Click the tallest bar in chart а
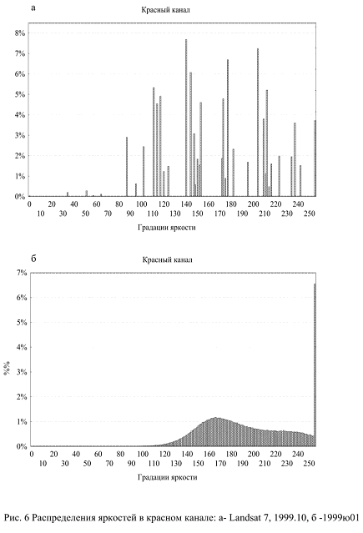[x=186, y=118]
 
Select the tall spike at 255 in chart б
[x=315, y=365]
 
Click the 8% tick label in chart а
[x=20, y=33]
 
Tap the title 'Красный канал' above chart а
[x=166, y=10]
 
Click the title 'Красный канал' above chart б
[x=168, y=259]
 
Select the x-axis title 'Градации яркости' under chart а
[x=167, y=228]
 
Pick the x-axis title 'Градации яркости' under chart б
[x=168, y=477]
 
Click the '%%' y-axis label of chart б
[x=7, y=368]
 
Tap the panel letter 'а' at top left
[x=33, y=8]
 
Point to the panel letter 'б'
[x=33, y=259]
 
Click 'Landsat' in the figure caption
[x=244, y=518]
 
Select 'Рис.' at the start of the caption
[x=13, y=518]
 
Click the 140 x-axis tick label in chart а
[x=186, y=204]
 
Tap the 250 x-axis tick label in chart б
[x=309, y=463]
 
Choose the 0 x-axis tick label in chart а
[x=29, y=204]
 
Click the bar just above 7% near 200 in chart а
[x=258, y=123]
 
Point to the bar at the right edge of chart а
[x=315, y=158]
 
